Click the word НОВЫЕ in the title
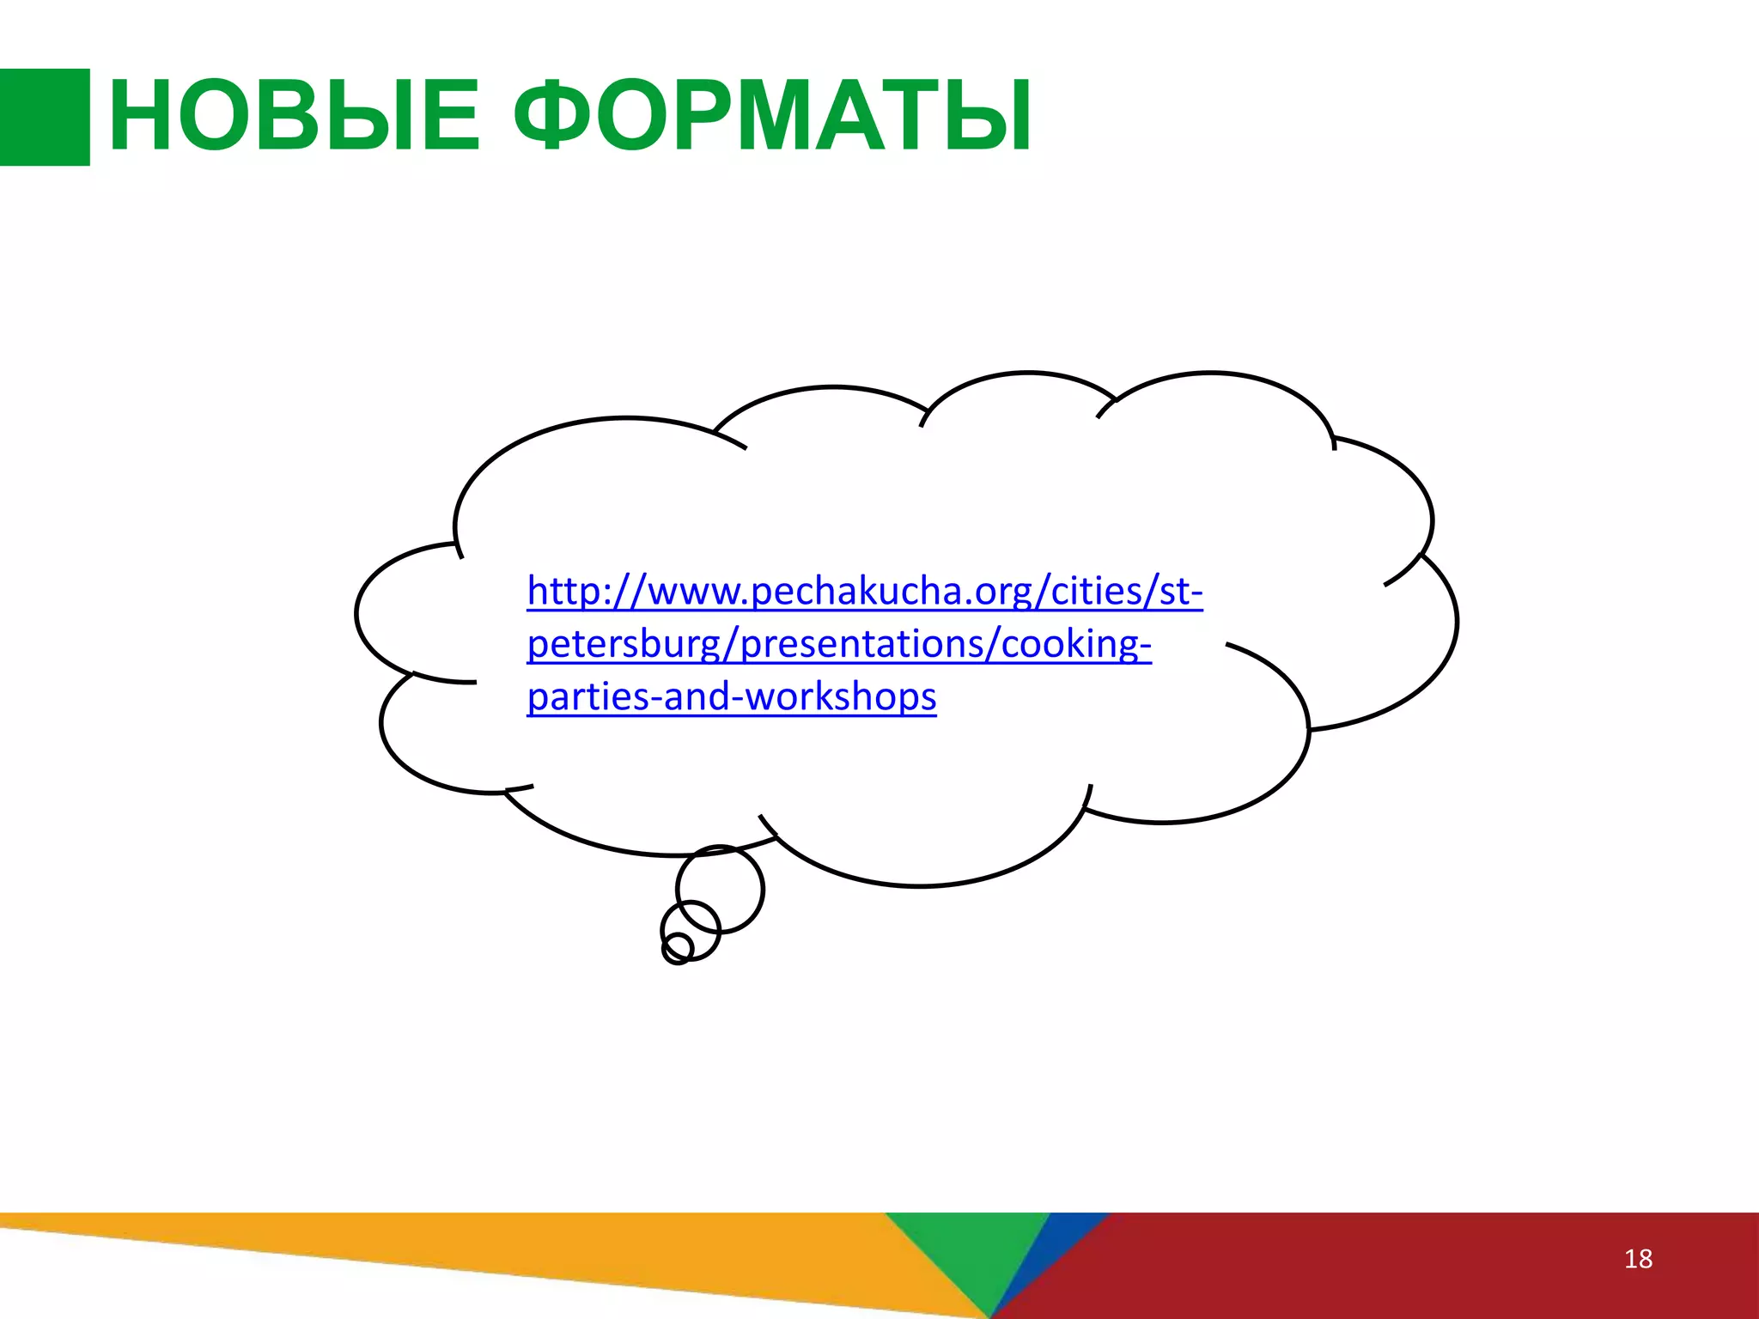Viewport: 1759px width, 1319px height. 294,116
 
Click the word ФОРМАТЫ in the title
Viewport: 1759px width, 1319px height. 773,116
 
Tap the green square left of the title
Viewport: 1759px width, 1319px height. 45,117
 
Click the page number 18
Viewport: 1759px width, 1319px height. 1638,1259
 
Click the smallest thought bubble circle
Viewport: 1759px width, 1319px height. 677,949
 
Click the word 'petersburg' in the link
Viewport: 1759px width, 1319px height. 624,644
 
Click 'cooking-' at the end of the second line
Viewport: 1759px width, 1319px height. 1075,644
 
